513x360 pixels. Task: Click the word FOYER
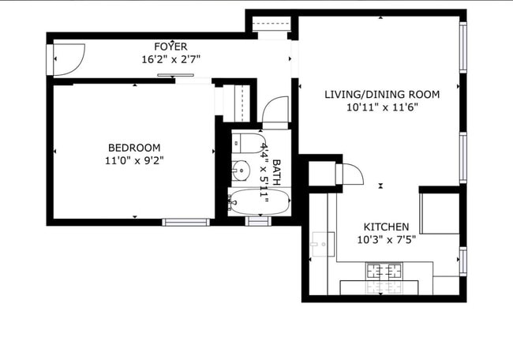pyautogui.click(x=170, y=47)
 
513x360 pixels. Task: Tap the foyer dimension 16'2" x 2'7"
pyautogui.click(x=170, y=59)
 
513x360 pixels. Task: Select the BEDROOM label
pyautogui.click(x=134, y=148)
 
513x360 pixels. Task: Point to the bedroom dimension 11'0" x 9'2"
pyautogui.click(x=134, y=160)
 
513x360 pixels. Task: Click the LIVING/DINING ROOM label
pyautogui.click(x=382, y=95)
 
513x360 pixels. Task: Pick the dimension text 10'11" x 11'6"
pyautogui.click(x=382, y=108)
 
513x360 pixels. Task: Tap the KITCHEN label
pyautogui.click(x=386, y=227)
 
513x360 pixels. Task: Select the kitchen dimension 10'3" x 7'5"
pyautogui.click(x=386, y=239)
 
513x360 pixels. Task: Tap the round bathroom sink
pyautogui.click(x=241, y=169)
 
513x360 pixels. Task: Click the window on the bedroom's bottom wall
pyautogui.click(x=186, y=222)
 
